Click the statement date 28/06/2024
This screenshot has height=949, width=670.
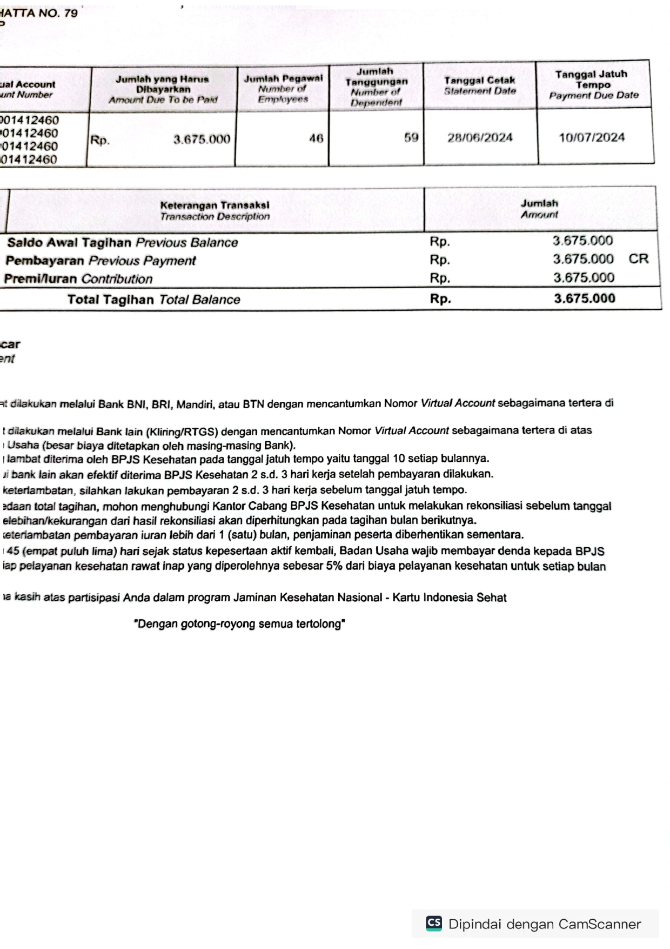pyautogui.click(x=480, y=138)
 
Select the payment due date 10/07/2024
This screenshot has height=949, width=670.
pyautogui.click(x=592, y=137)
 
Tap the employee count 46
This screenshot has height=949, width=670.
pyautogui.click(x=316, y=138)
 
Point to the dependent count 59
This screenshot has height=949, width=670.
pyautogui.click(x=411, y=138)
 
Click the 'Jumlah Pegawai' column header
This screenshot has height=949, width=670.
pyautogui.click(x=283, y=89)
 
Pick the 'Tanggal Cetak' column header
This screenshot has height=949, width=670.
pyautogui.click(x=480, y=85)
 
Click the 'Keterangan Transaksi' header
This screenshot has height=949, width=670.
pyautogui.click(x=215, y=211)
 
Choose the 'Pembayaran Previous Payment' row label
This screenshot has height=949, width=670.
pyautogui.click(x=100, y=261)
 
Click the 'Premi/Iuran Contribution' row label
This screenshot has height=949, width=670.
pyautogui.click(x=78, y=280)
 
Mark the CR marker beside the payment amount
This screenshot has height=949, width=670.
pyautogui.click(x=638, y=259)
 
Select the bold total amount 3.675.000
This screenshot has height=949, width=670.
pyautogui.click(x=584, y=298)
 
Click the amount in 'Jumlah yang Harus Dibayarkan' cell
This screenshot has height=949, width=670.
pyautogui.click(x=202, y=140)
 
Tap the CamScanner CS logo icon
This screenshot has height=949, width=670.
pyautogui.click(x=434, y=923)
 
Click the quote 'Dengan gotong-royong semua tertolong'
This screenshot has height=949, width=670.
pyautogui.click(x=239, y=624)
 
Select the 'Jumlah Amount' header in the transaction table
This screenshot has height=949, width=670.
pyautogui.click(x=539, y=209)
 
